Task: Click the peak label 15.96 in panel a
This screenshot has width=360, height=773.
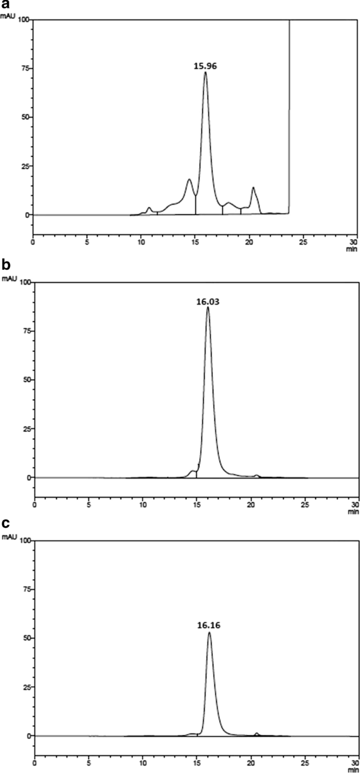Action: pos(205,67)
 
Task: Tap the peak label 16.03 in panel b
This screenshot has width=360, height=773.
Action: pos(208,302)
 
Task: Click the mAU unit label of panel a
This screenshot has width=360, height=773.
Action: pos(7,16)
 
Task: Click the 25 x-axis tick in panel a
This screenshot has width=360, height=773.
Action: pos(303,242)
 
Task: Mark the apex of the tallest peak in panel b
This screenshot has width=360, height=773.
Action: pos(208,307)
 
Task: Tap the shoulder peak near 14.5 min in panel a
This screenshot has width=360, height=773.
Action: pos(189,179)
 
